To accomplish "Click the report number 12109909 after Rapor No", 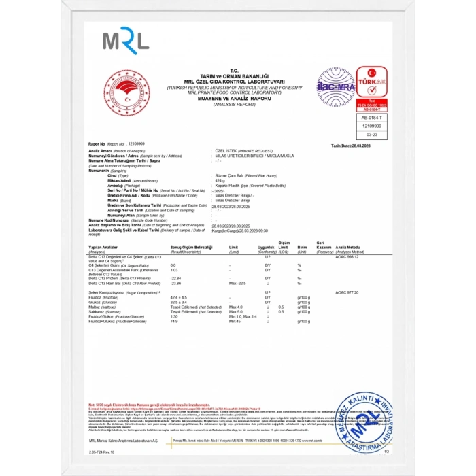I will (137, 144).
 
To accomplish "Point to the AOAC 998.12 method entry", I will (346, 257).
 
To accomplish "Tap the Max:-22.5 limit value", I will (237, 282).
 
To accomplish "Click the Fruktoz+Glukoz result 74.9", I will (173, 321).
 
